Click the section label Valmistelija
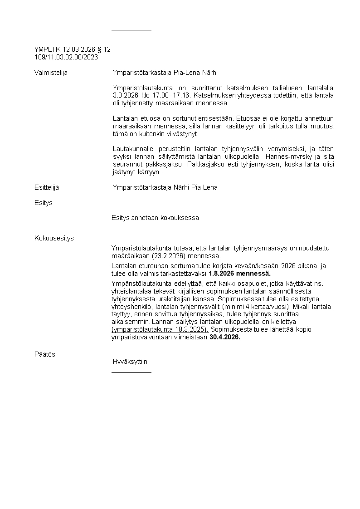click(x=51, y=73)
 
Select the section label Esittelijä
click(x=46, y=187)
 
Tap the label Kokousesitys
click(x=54, y=238)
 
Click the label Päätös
click(x=44, y=354)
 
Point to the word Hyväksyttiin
click(x=130, y=362)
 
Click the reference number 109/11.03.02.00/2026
click(x=66, y=57)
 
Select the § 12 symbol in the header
click(x=103, y=49)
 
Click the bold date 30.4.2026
click(x=225, y=337)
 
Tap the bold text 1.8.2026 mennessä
click(x=239, y=274)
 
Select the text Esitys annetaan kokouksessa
click(x=155, y=218)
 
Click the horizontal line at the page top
click(x=131, y=30)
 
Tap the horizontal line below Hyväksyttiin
click(x=131, y=372)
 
